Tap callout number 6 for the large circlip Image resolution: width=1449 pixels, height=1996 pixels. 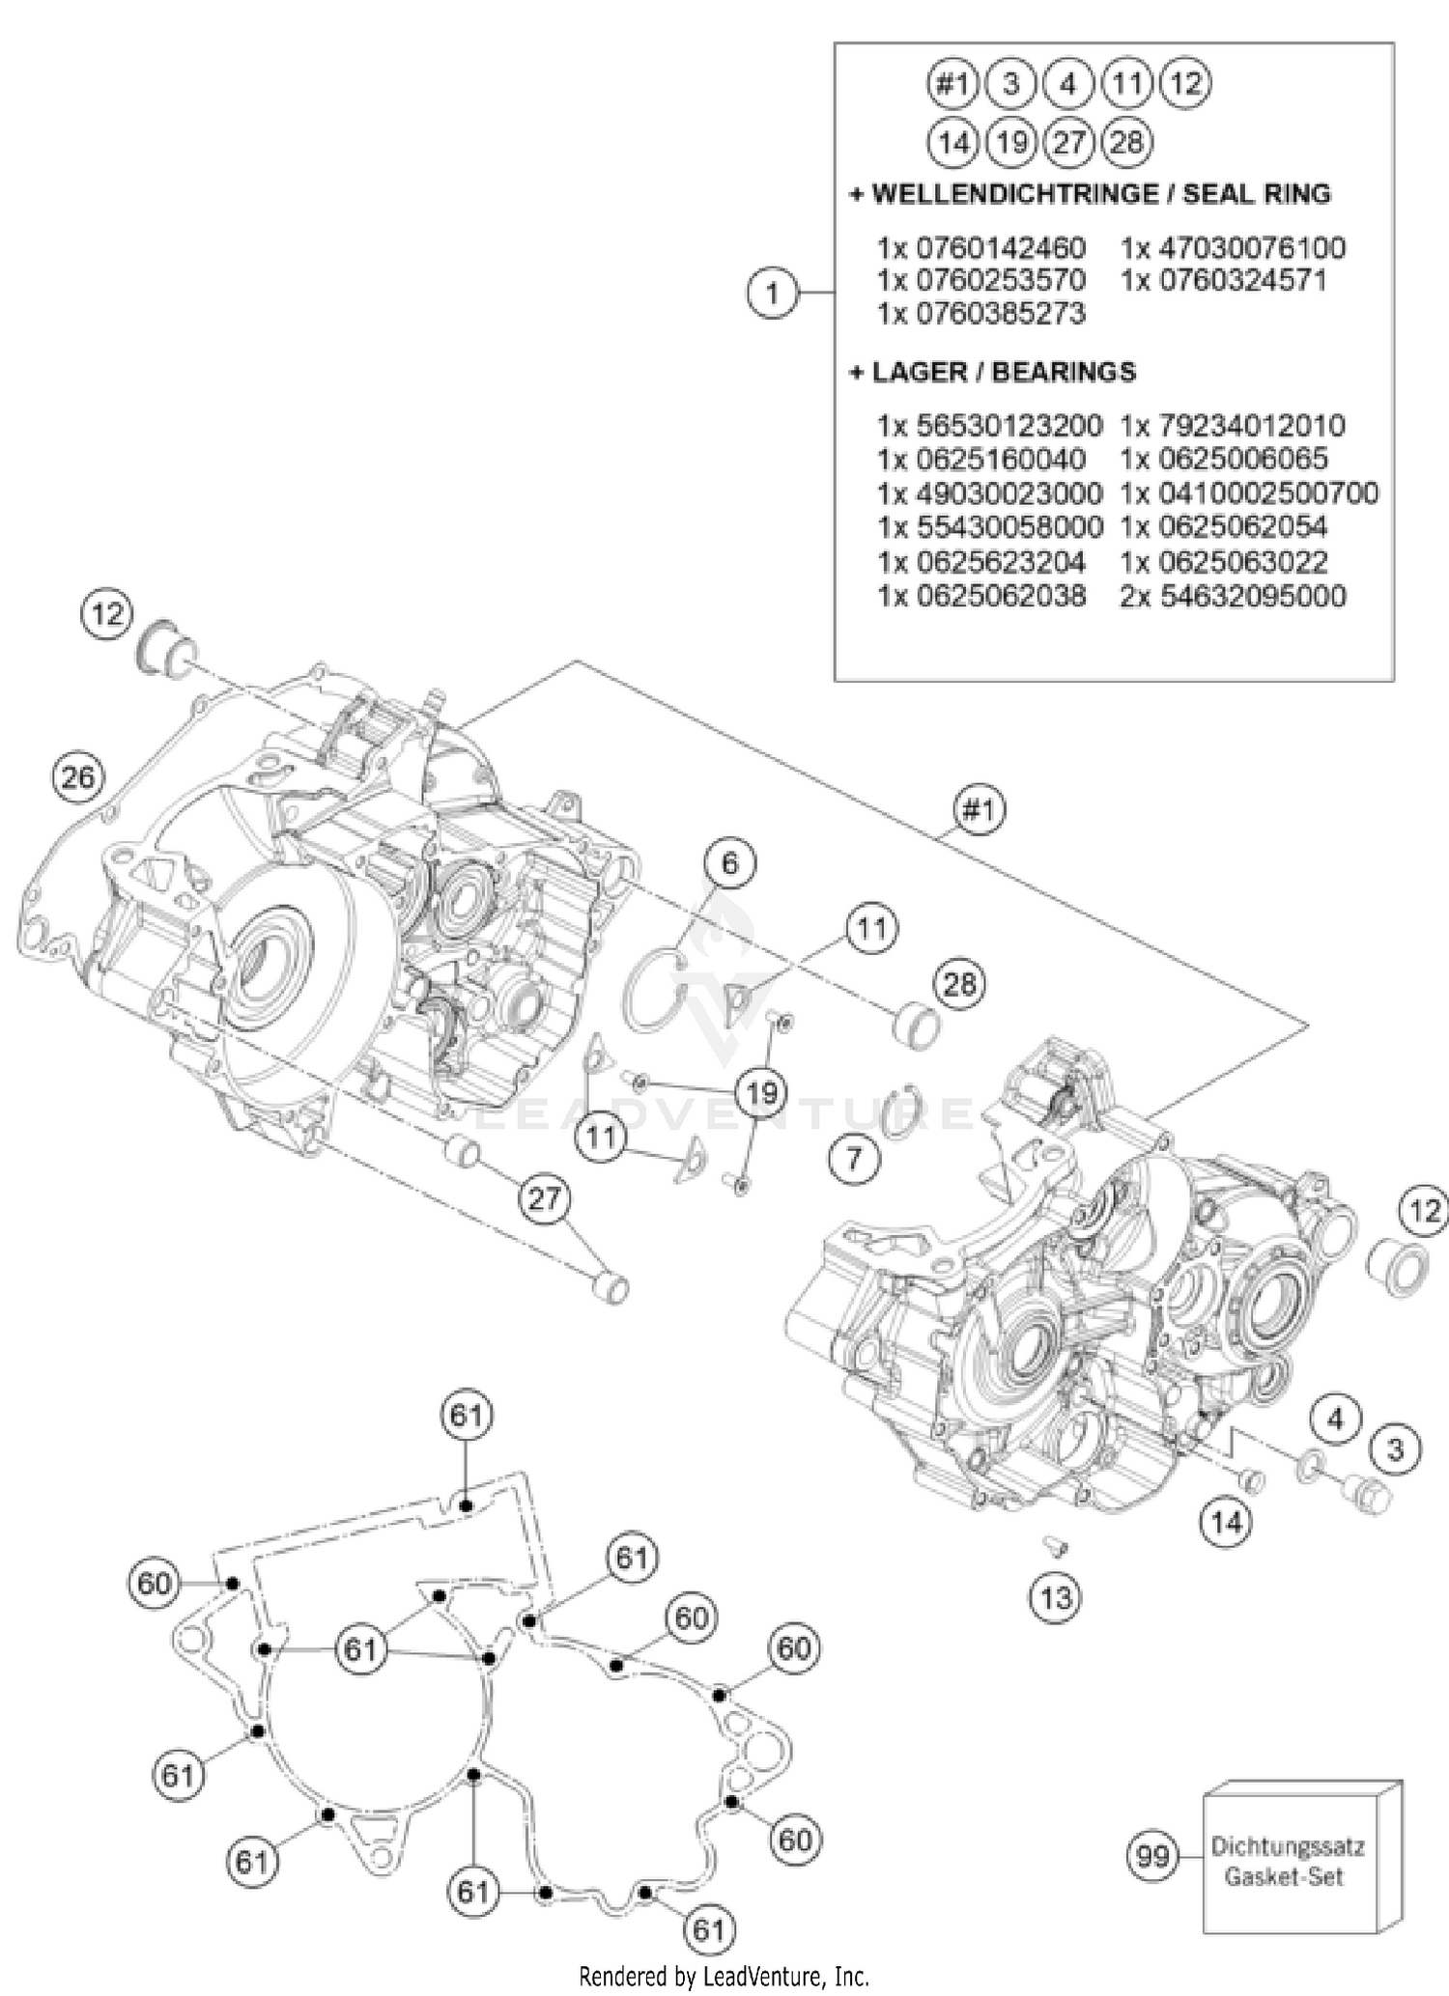[x=729, y=862]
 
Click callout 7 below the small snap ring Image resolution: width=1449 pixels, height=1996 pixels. [x=854, y=1157]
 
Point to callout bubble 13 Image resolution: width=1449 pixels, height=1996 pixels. [x=1055, y=1597]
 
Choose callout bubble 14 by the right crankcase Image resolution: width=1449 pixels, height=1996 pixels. [x=1226, y=1523]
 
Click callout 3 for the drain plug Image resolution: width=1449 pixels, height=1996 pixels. [x=1395, y=1448]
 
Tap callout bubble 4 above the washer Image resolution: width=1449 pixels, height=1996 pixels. [x=1335, y=1419]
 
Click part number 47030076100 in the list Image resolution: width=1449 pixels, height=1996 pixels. [x=1233, y=248]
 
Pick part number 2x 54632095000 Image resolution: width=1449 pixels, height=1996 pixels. [x=1233, y=596]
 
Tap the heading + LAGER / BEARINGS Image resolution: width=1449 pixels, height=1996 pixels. [x=992, y=372]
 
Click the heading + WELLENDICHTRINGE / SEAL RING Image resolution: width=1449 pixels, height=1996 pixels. [x=1090, y=194]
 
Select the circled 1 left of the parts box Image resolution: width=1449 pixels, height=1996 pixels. [x=772, y=292]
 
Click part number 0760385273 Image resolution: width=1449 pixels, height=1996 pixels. [x=981, y=314]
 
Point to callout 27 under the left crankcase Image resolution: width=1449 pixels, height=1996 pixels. [x=544, y=1198]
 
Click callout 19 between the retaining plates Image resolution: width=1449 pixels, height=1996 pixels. [x=761, y=1093]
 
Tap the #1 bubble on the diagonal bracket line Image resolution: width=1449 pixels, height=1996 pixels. [x=979, y=809]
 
